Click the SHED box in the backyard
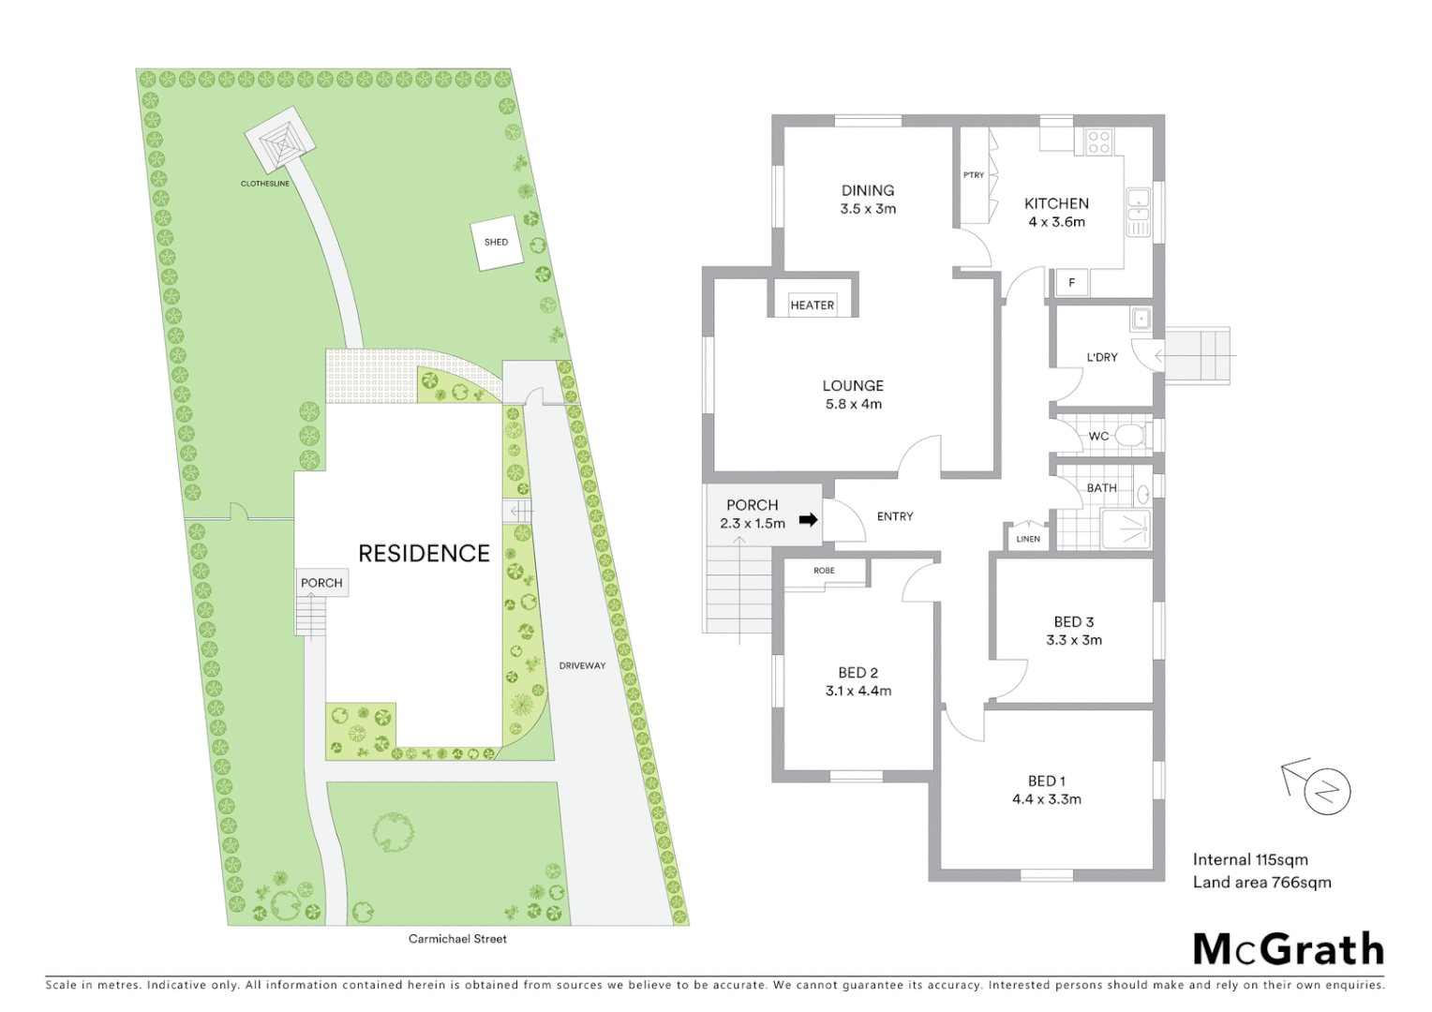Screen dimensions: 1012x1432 pos(496,243)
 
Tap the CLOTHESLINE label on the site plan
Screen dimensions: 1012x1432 pos(265,184)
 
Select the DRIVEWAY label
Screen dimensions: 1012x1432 pos(582,666)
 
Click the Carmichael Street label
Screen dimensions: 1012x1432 pos(457,939)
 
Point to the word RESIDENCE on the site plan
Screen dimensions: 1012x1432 pos(424,554)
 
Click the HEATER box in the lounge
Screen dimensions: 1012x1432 pos(812,305)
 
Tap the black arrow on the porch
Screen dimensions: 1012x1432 pos(808,520)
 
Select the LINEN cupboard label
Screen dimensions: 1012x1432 pos(1028,539)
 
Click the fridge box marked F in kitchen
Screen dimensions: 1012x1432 pos(1072,282)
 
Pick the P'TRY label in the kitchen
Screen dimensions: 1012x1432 pos(974,175)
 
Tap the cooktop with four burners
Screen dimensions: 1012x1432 pos(1099,142)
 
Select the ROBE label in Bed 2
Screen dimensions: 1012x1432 pos(824,571)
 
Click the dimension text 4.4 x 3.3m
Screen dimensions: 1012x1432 pos(1046,799)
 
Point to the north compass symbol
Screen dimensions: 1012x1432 pos(1326,791)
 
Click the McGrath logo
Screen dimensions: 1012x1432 pos(1288,949)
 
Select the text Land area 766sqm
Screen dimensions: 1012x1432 pos(1261,882)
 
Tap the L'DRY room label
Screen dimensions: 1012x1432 pos(1102,357)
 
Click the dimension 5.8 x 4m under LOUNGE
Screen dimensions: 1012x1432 pos(853,405)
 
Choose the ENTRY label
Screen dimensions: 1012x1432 pos(895,516)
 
